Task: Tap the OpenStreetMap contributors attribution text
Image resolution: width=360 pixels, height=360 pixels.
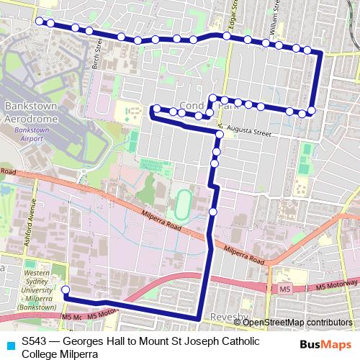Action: pyautogui.click(x=297, y=323)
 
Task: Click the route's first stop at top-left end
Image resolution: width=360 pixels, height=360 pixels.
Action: pyautogui.click(x=40, y=21)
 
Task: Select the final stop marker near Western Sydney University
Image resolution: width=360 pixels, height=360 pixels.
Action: pyautogui.click(x=66, y=290)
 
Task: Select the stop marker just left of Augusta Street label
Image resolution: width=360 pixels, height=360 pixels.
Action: pyautogui.click(x=218, y=133)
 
